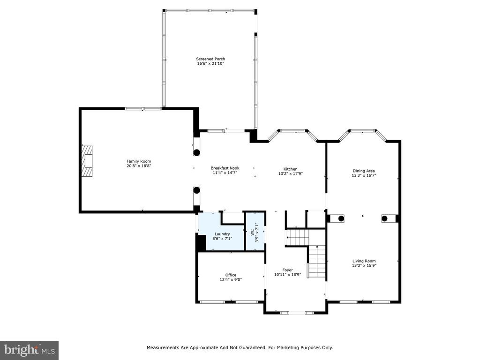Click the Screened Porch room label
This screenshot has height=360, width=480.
[x=210, y=59]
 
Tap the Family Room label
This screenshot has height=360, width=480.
[x=139, y=161]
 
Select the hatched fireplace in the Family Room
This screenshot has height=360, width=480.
[x=87, y=161]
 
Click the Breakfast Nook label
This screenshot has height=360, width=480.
[x=225, y=168]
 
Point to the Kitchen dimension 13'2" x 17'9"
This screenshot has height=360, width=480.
[x=290, y=173]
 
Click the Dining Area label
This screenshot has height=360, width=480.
[x=364, y=171]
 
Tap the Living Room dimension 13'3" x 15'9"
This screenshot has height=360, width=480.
[x=364, y=265]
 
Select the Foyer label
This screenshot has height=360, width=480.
[x=287, y=270]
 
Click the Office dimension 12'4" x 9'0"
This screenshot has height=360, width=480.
[x=231, y=279]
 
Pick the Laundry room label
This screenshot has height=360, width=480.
[x=222, y=234]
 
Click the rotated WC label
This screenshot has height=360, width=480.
[x=252, y=232]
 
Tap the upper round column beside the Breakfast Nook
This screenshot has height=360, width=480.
[x=196, y=152]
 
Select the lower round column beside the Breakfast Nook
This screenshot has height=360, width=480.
[x=196, y=190]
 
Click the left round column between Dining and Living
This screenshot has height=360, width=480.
[x=341, y=218]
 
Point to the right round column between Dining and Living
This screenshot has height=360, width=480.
[x=384, y=218]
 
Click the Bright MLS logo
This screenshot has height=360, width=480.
[x=30, y=350]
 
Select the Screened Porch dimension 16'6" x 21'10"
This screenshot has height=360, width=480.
[x=210, y=63]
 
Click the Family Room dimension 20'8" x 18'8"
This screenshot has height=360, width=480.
[x=139, y=166]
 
